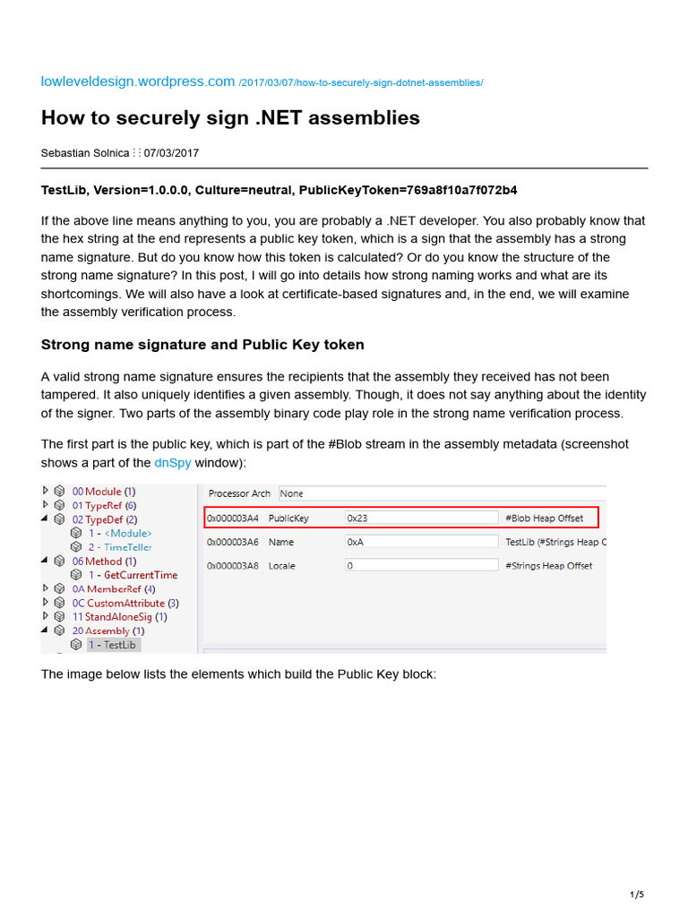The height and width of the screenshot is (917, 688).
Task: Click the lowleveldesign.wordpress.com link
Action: pyautogui.click(x=138, y=81)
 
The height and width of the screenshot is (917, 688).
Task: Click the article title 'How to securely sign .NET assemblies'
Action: pyautogui.click(x=230, y=118)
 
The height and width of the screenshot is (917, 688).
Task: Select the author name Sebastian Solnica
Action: pyautogui.click(x=85, y=153)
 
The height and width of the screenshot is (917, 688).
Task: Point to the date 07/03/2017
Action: pyautogui.click(x=172, y=153)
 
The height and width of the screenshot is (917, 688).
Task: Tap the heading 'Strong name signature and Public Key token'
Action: pyautogui.click(x=202, y=345)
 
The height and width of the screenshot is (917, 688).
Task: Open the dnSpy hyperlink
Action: pyautogui.click(x=174, y=463)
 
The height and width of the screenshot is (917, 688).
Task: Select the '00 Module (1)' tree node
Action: pyautogui.click(x=103, y=492)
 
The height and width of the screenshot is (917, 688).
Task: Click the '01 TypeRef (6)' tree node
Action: pyautogui.click(x=104, y=505)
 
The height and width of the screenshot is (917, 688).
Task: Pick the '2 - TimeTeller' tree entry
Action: pyautogui.click(x=119, y=547)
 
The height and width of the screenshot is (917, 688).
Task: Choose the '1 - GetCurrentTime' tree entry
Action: pyautogui.click(x=132, y=575)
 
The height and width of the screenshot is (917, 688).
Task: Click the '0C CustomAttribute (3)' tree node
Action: pyautogui.click(x=125, y=603)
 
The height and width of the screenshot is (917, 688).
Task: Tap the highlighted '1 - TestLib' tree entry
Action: pyautogui.click(x=113, y=645)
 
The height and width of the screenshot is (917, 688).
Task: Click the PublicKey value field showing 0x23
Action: pyautogui.click(x=421, y=518)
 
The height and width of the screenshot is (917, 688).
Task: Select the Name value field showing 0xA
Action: pyautogui.click(x=421, y=542)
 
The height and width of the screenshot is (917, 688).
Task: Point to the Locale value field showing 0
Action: pyautogui.click(x=421, y=565)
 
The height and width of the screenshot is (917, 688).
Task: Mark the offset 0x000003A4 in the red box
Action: pyautogui.click(x=233, y=518)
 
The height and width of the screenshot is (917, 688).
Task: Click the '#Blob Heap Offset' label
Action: pyautogui.click(x=544, y=518)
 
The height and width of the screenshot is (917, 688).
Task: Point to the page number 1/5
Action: pyautogui.click(x=637, y=895)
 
